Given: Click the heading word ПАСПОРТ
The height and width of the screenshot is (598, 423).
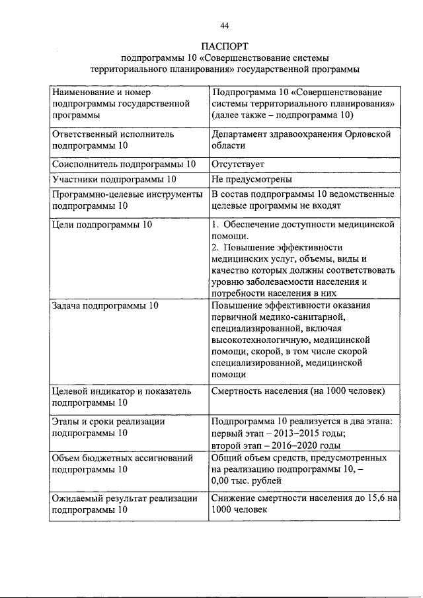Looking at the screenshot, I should coord(223,46).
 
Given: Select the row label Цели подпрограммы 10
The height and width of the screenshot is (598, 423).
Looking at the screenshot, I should coord(102,225).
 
